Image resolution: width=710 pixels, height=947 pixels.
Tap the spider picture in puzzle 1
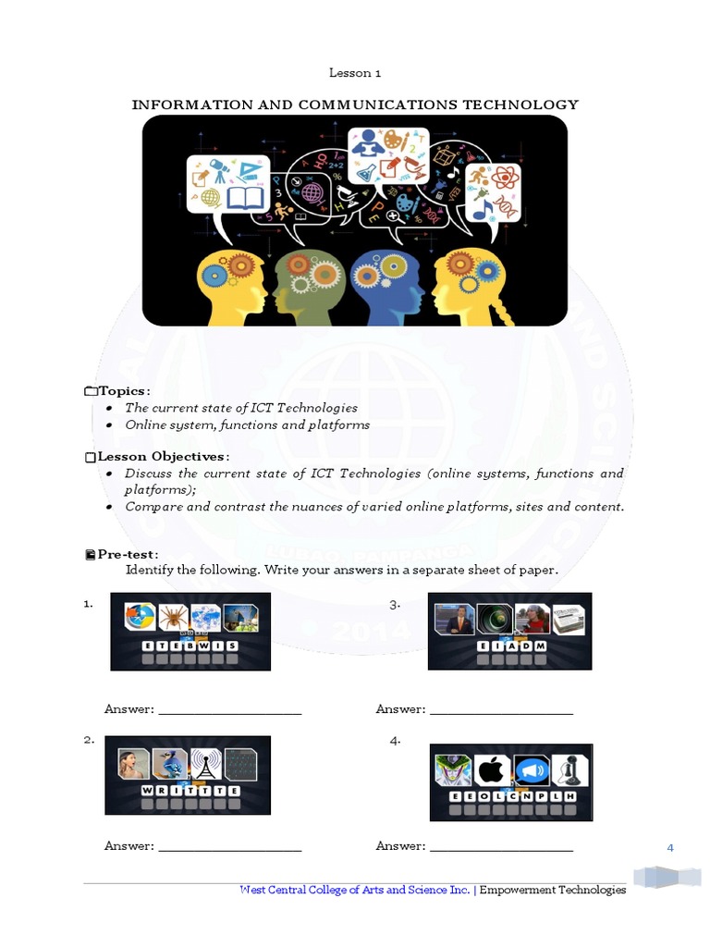pos(173,617)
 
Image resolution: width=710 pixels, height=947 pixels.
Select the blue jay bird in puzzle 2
pos(169,763)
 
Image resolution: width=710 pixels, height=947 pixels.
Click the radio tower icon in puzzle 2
pos(204,764)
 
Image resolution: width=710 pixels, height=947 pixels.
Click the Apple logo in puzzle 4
pos(493,769)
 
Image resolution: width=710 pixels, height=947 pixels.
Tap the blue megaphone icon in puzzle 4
pos(532,769)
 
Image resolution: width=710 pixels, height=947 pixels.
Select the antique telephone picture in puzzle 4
pos(570,769)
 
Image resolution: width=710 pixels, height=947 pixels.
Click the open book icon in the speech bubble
pos(245,197)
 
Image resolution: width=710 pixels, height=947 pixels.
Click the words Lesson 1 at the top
pos(355,73)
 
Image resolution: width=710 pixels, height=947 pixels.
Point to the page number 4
pos(670,847)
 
